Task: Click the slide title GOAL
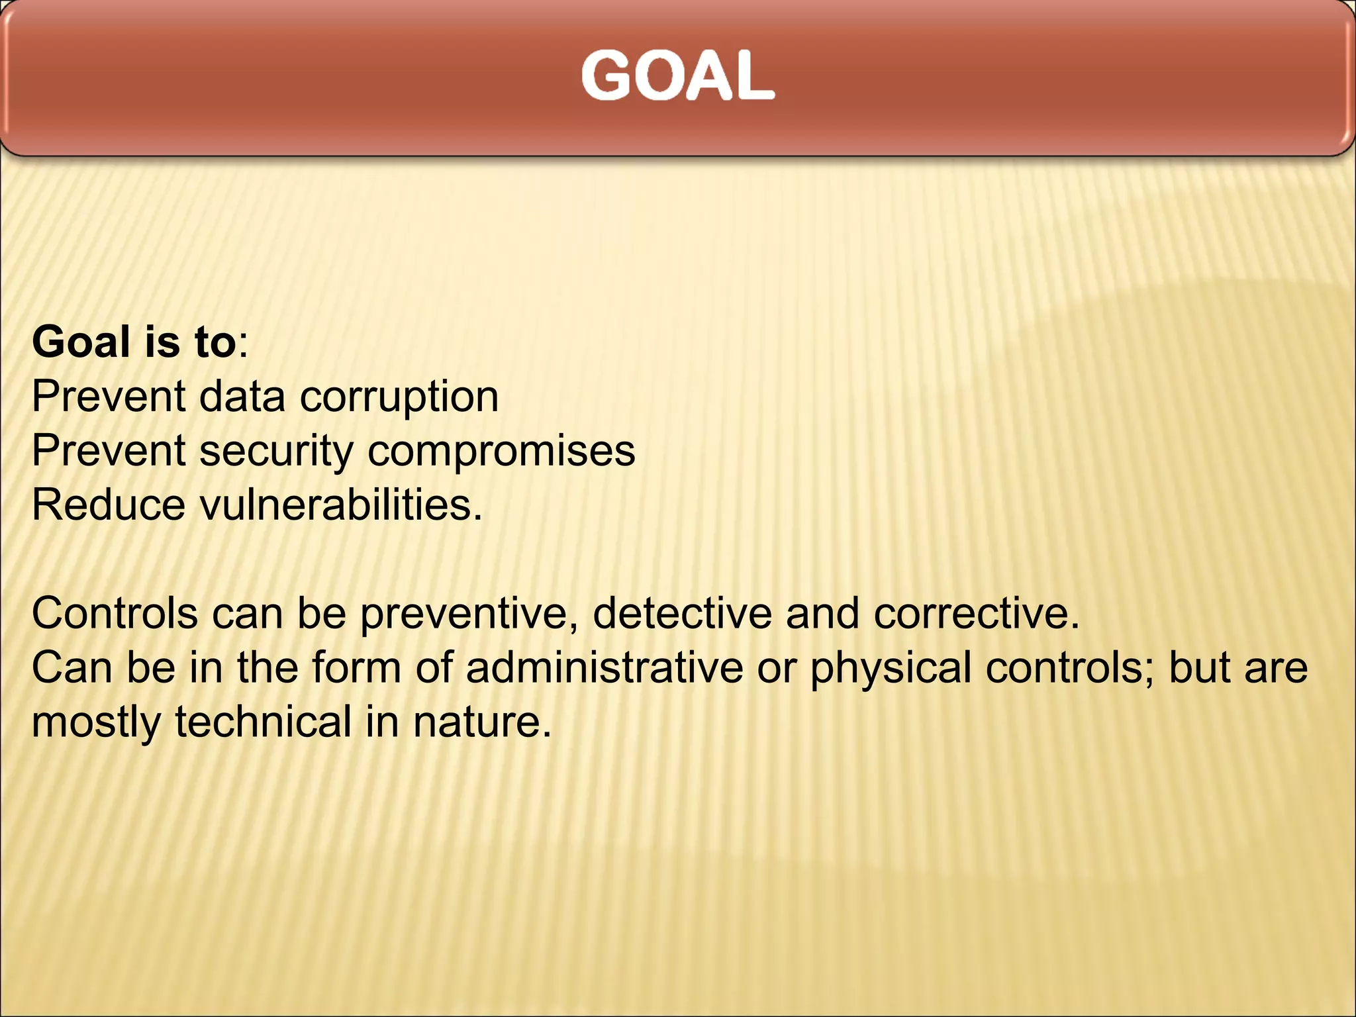(677, 76)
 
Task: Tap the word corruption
(399, 398)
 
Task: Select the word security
(276, 452)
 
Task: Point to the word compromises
(501, 452)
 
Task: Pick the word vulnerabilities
(340, 505)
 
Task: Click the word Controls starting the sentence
(115, 613)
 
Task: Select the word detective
(682, 613)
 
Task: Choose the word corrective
(976, 613)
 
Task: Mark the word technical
(263, 722)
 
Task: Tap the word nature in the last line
(481, 722)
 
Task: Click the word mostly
(96, 722)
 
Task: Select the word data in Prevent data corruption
(242, 398)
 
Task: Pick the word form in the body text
(356, 667)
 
